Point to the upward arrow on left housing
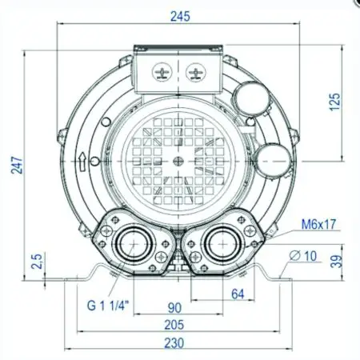[x=82, y=159]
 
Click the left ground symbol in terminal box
[x=162, y=74]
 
